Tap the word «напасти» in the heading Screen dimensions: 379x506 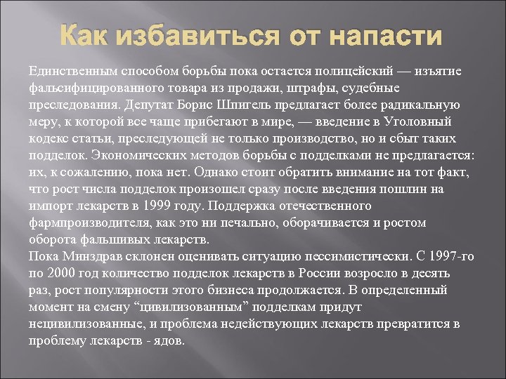(x=387, y=36)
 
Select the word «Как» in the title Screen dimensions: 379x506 (x=86, y=36)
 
